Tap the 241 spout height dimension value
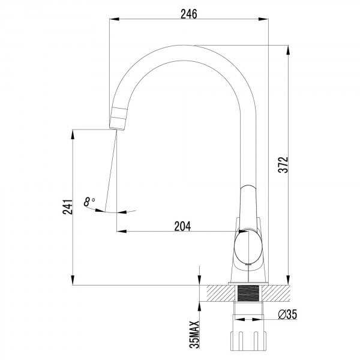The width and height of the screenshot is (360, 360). tap(68, 206)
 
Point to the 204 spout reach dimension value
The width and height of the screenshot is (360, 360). tap(182, 226)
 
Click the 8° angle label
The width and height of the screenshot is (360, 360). tap(90, 202)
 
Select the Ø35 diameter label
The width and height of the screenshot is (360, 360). tap(288, 314)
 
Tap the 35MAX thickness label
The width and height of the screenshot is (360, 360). tap(195, 333)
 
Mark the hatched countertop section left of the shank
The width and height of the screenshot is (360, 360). tap(222, 293)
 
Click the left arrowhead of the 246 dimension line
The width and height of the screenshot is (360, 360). tap(112, 20)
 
